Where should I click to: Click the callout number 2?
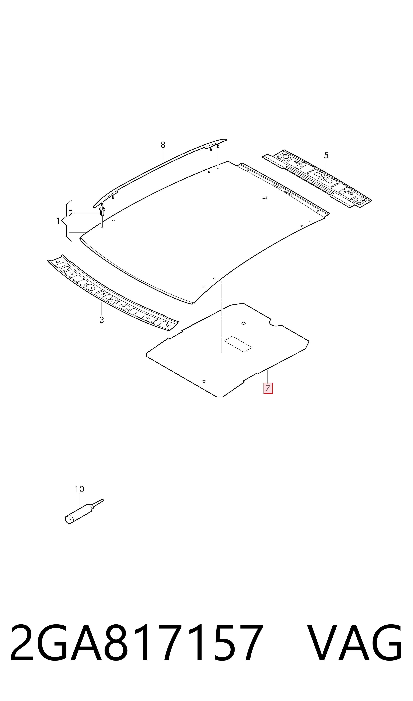tap(70, 214)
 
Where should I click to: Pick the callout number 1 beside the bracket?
tap(58, 222)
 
